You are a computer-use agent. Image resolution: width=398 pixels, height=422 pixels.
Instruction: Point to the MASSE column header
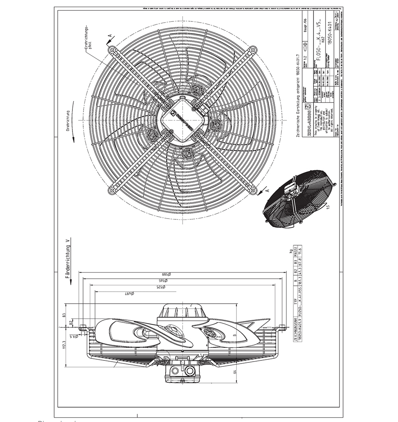tap(295, 253)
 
